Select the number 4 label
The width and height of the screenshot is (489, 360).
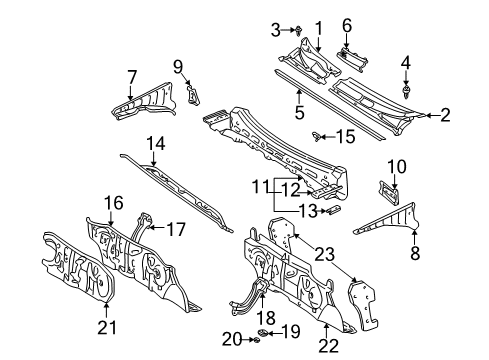pos(405,67)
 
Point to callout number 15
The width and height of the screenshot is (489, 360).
pos(345,135)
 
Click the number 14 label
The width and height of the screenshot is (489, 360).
pos(154,144)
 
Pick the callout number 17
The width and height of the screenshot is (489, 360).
pos(175,229)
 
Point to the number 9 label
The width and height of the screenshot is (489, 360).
pos(178,67)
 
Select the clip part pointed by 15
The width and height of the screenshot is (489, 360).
pos(318,136)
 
